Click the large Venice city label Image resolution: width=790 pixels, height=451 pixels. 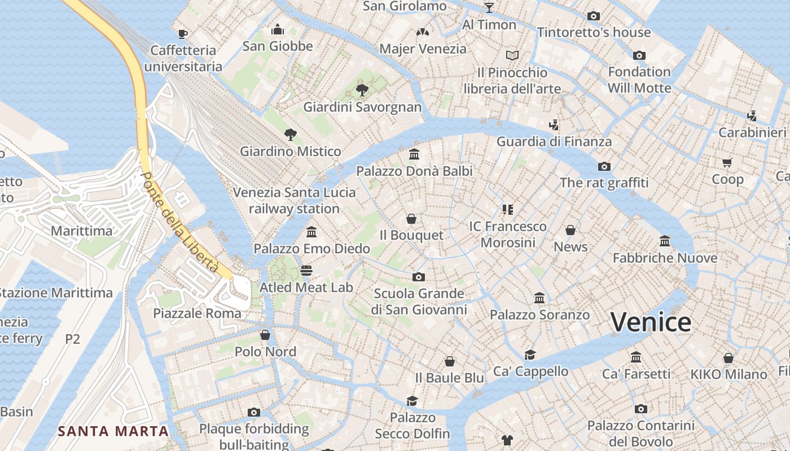(651, 322)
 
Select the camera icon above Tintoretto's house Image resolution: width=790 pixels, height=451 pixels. (594, 16)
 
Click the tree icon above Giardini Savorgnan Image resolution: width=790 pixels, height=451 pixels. (362, 90)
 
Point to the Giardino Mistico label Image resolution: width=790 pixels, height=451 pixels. (291, 151)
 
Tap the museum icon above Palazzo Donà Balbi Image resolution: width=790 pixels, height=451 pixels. (414, 154)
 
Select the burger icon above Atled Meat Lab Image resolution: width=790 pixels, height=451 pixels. (306, 271)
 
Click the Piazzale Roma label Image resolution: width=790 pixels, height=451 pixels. (197, 313)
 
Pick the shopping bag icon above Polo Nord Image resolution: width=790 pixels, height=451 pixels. (265, 335)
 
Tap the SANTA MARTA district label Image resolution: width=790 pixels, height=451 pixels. (113, 431)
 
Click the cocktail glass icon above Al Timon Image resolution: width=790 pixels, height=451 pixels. (489, 8)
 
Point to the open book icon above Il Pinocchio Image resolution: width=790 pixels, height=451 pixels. (512, 56)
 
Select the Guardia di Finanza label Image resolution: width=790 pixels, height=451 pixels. (554, 141)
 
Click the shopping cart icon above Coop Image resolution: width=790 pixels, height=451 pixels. (727, 163)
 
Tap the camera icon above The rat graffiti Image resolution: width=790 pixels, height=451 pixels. (604, 166)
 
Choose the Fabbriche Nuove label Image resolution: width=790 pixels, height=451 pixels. (665, 258)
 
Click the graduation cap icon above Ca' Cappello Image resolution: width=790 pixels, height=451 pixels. (530, 355)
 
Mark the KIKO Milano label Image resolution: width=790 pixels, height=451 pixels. (728, 374)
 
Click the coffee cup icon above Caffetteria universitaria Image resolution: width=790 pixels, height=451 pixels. (182, 34)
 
